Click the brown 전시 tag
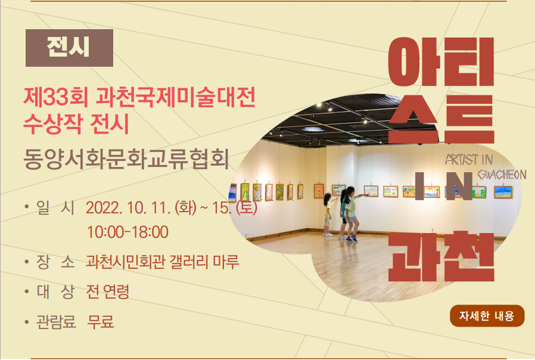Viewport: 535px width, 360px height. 69,48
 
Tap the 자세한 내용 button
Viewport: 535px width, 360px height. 487,316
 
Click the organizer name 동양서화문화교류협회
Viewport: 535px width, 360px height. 126,159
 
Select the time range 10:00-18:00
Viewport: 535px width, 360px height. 127,232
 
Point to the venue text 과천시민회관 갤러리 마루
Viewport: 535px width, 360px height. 163,262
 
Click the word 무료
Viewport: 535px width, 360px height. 101,321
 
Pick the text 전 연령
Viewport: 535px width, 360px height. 108,291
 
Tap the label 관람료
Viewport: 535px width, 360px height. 56,322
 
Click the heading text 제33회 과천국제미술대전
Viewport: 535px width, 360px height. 139,97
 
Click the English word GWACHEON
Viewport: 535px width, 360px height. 502,175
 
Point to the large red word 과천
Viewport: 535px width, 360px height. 441,257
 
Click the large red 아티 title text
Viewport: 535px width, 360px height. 441,62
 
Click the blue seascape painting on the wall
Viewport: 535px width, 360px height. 503,192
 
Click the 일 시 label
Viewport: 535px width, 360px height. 55,207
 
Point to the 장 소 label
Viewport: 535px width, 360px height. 55,262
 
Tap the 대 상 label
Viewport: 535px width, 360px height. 55,291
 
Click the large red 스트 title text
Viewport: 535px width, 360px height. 441,119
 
